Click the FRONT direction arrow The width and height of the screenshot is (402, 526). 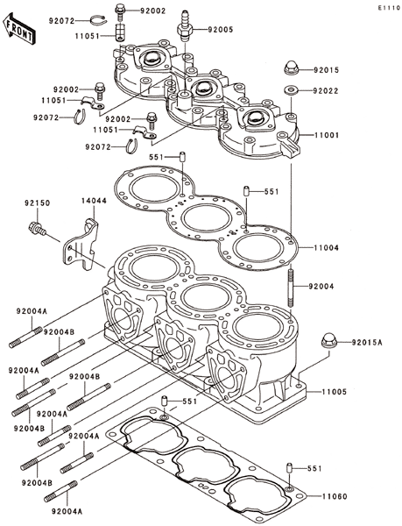pos(19,29)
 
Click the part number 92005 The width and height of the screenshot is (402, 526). pos(221,30)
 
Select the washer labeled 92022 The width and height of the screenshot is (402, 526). pos(293,90)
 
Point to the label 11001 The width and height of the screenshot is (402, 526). pos(327,135)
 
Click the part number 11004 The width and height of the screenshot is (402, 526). pos(327,247)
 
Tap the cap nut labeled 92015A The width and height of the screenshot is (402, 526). pos(329,341)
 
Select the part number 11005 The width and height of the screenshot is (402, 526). pos(335,392)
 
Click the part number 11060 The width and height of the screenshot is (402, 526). pos(335,496)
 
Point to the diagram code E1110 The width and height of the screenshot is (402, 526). pos(389,8)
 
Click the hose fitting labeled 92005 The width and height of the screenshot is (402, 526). pos(185,26)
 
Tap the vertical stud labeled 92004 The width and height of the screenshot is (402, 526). pos(291,285)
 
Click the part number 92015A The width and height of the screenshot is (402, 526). pos(367,342)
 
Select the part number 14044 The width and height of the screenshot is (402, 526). pos(94,201)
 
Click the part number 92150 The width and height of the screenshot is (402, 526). pos(37,203)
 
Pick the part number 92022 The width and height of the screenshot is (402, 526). pos(326,90)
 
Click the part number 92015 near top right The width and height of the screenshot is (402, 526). pos(327,70)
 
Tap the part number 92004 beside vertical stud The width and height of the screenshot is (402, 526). pos(321,286)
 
